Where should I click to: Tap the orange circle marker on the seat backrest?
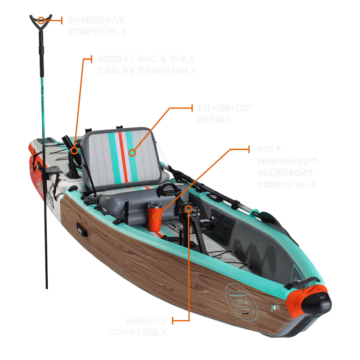(x=132, y=152)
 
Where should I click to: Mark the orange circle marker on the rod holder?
(x=73, y=147)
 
